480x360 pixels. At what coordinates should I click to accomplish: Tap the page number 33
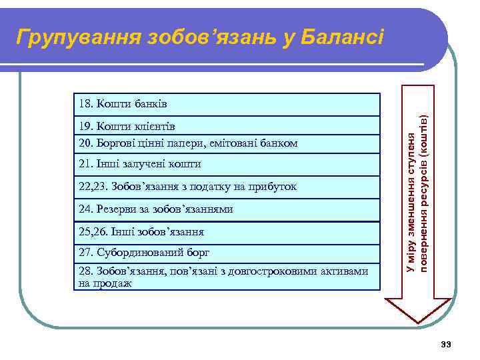coord(446,344)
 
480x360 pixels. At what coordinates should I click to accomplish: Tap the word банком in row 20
coord(281,143)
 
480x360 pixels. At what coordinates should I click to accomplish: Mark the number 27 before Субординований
coord(84,253)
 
